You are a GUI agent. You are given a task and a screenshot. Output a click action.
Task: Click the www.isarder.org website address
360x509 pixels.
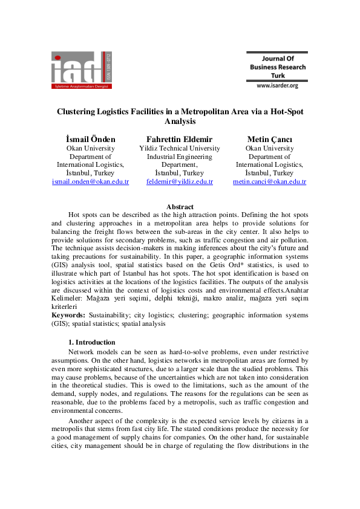click(x=278, y=86)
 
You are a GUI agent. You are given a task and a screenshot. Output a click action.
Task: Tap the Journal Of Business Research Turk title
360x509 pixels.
click(x=278, y=67)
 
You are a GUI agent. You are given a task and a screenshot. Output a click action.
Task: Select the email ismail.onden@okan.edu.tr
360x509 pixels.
click(x=90, y=181)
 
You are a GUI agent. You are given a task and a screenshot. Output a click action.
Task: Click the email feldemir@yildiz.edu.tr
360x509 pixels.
click(x=180, y=181)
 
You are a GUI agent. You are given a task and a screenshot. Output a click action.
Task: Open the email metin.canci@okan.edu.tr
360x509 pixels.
click(x=269, y=181)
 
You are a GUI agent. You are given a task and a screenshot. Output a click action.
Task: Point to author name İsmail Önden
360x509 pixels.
click(x=90, y=139)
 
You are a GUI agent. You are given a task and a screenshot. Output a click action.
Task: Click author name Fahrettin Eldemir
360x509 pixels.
click(x=180, y=139)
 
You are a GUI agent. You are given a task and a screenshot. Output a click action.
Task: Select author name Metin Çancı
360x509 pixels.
click(x=269, y=139)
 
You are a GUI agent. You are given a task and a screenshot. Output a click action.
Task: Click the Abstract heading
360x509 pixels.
click(x=180, y=207)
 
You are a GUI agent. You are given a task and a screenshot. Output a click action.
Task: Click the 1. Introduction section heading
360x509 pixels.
click(x=91, y=342)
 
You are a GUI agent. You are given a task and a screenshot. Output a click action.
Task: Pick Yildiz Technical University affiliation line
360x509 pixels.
click(x=180, y=148)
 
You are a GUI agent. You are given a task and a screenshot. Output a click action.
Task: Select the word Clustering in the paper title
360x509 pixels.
click(x=80, y=111)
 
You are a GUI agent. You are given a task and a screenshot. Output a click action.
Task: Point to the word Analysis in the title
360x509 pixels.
click(x=180, y=121)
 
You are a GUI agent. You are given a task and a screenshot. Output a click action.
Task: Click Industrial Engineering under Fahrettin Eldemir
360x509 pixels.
click(x=180, y=157)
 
